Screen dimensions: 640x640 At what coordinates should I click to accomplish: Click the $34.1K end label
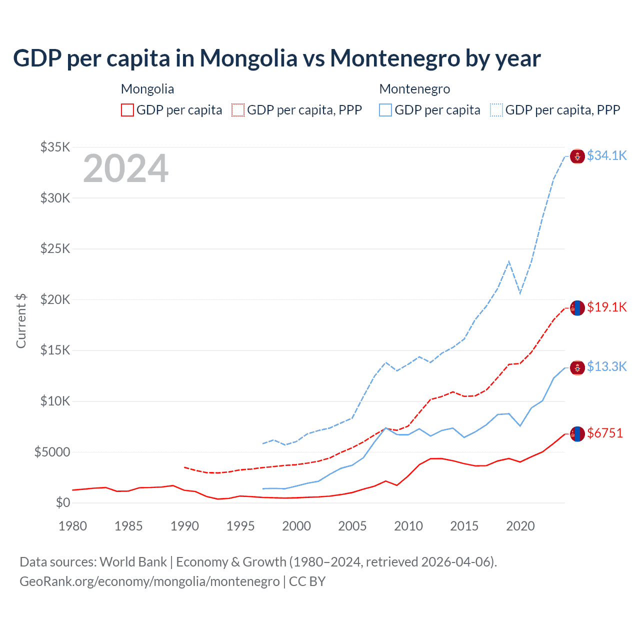606,156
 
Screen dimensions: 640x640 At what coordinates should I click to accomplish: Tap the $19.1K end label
606,307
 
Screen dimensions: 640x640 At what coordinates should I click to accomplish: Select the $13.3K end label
606,367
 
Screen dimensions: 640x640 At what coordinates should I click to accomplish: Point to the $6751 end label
605,433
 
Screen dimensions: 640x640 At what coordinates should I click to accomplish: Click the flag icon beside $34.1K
577,156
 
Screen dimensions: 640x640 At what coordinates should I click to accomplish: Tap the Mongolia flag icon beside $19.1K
577,308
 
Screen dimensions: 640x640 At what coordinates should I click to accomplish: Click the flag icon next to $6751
577,434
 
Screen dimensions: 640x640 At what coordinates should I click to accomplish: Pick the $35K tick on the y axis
55,147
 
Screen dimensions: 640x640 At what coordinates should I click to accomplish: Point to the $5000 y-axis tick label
52,452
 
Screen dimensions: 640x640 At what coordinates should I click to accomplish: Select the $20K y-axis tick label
55,300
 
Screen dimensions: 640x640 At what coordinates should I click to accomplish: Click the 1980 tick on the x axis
72,526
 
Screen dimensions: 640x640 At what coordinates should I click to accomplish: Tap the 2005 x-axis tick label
352,526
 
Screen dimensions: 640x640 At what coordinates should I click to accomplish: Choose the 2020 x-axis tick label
520,526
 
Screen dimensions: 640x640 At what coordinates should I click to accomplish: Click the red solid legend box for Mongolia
127,110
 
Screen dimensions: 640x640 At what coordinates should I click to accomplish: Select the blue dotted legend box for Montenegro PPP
496,110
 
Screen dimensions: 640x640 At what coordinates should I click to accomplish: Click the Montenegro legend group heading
414,89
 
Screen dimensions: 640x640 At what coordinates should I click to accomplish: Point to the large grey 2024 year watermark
125,168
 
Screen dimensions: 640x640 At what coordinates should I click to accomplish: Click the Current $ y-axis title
21,321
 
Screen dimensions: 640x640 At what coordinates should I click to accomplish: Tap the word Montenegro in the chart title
395,58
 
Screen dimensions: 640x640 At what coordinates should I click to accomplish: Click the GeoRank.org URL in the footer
149,581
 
